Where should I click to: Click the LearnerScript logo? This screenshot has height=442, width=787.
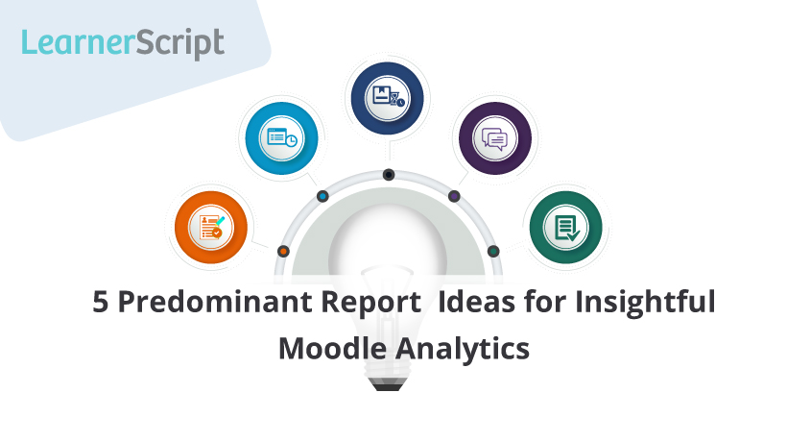(123, 43)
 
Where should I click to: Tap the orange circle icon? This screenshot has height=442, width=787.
(211, 227)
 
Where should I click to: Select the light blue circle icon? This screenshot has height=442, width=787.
(281, 138)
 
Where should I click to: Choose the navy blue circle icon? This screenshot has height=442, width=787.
(387, 98)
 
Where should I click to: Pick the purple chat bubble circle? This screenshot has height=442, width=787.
(495, 138)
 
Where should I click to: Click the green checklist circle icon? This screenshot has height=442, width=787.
(565, 227)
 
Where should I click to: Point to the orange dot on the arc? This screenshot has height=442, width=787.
(283, 251)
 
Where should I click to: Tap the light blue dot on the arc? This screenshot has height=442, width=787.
(322, 196)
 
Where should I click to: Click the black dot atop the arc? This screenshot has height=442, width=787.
(389, 175)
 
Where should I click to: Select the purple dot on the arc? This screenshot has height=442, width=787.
(454, 196)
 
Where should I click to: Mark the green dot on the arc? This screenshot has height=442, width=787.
(493, 251)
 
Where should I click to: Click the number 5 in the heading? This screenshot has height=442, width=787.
(101, 302)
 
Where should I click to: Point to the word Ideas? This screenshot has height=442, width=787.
(476, 302)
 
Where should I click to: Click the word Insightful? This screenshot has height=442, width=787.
(645, 303)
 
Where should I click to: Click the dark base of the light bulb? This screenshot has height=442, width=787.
(388, 384)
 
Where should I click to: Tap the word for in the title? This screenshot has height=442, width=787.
(544, 302)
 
